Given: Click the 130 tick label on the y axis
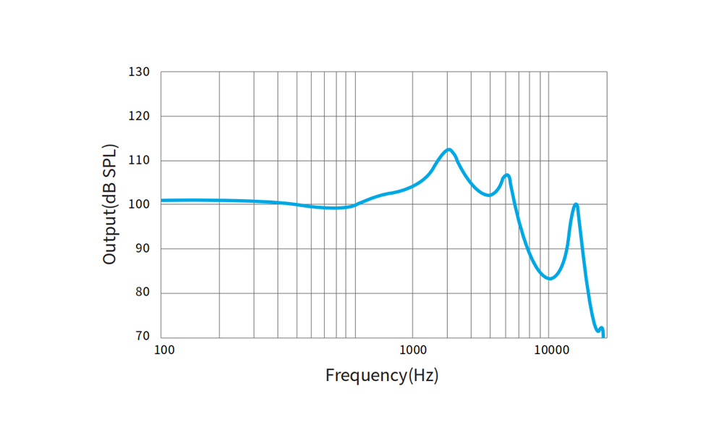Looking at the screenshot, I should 140,72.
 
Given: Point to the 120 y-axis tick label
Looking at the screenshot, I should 140,116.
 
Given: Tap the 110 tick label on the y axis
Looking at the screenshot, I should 140,160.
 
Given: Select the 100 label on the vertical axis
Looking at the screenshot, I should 140,204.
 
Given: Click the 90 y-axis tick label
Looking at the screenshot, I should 143,248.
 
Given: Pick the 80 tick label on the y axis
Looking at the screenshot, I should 143,293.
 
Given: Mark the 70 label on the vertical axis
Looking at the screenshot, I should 143,337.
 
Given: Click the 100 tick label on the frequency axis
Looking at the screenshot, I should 164,351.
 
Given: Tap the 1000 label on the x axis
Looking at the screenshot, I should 412,351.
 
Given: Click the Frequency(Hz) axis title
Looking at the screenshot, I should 382,375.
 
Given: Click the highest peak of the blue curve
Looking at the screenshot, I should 449,150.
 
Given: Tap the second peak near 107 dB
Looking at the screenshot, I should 507,175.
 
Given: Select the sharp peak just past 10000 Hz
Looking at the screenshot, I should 576,204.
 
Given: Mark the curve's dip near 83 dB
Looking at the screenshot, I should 550,278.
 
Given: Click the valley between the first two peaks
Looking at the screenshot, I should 490,195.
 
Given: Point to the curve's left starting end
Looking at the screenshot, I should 162,200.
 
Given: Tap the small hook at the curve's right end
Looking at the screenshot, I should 601,329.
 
